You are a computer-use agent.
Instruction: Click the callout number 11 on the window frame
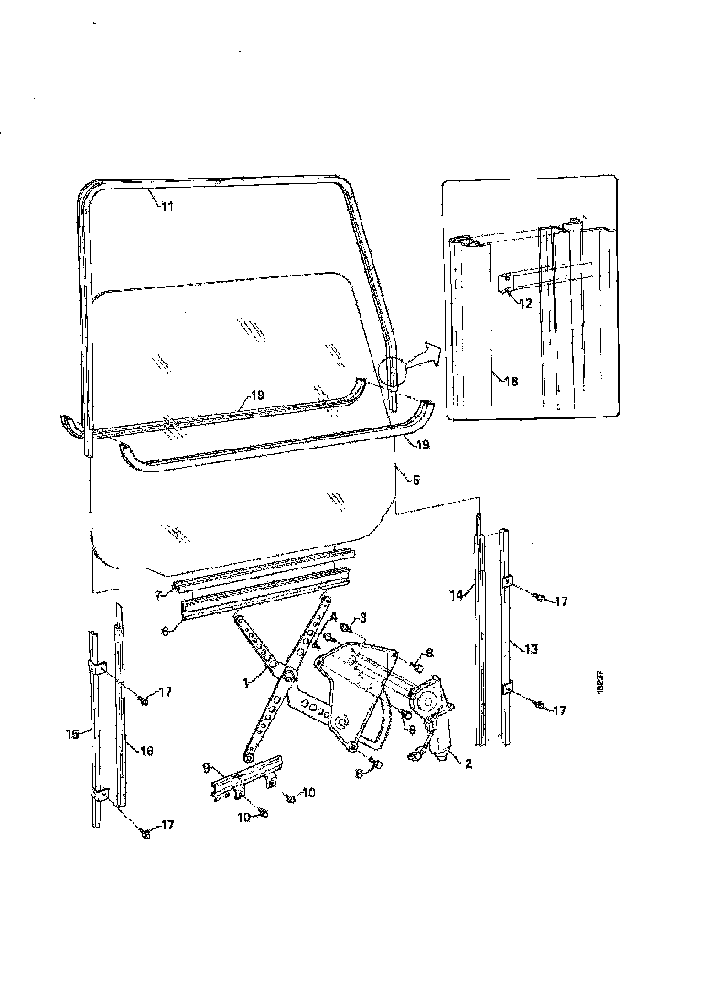point(167,207)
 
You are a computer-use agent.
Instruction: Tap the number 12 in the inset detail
point(523,303)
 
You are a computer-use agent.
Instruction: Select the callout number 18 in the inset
point(512,382)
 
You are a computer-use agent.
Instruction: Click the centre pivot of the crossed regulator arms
point(287,676)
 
